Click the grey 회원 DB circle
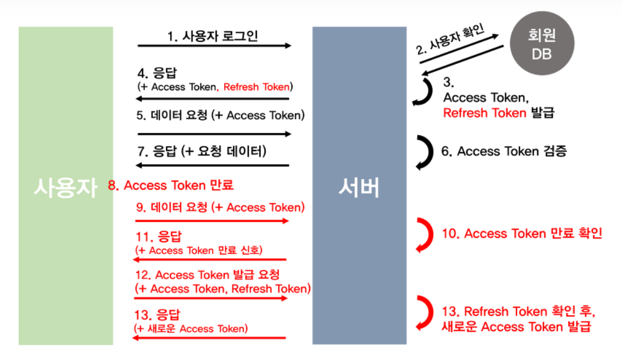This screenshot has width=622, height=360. (x=542, y=44)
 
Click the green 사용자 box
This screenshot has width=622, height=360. (x=66, y=186)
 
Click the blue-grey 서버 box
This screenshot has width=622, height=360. (x=359, y=186)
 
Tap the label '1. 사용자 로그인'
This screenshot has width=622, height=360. (x=213, y=37)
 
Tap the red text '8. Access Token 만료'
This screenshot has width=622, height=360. (x=170, y=185)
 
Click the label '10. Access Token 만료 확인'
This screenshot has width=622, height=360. (x=521, y=233)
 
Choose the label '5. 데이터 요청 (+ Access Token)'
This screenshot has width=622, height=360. (x=221, y=115)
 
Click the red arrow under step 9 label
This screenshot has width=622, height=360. (x=212, y=221)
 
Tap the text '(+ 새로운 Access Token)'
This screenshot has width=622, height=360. (x=191, y=328)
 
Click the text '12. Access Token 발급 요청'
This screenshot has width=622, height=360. (x=208, y=275)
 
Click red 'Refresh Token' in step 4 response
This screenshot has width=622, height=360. (x=256, y=87)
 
